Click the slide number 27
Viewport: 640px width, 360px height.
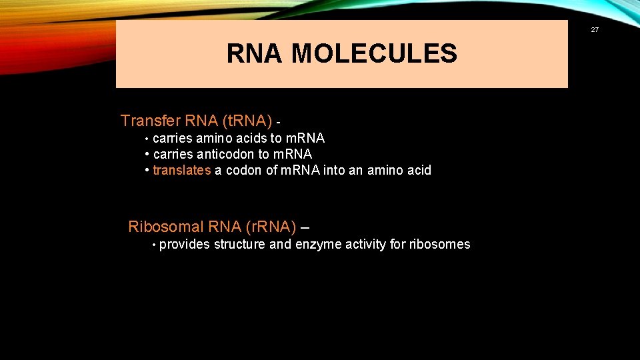[594, 29]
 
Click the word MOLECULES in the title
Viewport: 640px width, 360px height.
[374, 54]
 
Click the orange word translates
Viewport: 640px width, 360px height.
[182, 170]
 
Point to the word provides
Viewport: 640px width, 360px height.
[185, 244]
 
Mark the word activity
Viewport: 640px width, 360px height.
[366, 244]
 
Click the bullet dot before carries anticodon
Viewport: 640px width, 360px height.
[147, 154]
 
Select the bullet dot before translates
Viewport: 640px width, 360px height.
[147, 170]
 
